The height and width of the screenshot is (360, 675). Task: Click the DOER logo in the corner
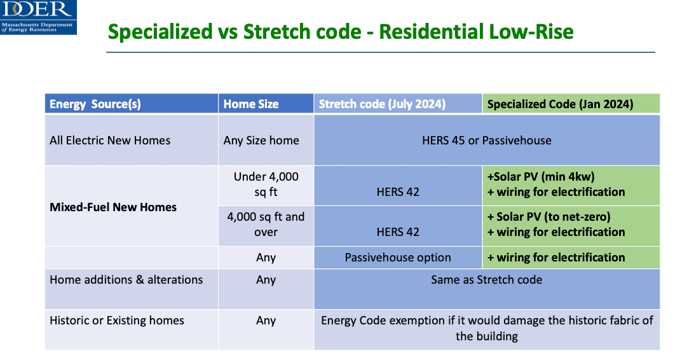(x=38, y=17)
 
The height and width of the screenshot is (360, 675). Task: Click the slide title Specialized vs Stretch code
(x=235, y=32)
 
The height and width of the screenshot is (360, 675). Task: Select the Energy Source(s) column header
(x=95, y=104)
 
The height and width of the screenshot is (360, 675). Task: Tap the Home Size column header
(x=251, y=104)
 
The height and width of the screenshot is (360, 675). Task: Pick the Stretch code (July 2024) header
(x=382, y=104)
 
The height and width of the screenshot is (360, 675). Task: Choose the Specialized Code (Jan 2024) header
(x=560, y=104)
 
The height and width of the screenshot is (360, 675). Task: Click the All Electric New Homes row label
(x=110, y=141)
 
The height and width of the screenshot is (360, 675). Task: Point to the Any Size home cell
(x=261, y=141)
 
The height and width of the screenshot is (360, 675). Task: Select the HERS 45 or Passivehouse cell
(x=486, y=141)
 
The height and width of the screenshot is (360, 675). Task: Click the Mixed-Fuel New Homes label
(x=112, y=207)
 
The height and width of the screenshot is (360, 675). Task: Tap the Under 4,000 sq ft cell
(x=266, y=184)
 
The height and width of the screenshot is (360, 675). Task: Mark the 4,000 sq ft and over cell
(x=266, y=225)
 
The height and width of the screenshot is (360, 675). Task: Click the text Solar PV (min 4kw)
(x=544, y=177)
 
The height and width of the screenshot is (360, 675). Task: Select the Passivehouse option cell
(x=398, y=258)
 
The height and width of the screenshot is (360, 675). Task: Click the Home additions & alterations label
(x=126, y=280)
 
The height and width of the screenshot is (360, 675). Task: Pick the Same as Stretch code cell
(x=486, y=280)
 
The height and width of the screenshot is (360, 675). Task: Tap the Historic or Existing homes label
(x=117, y=321)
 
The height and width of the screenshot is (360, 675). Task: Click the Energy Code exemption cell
(x=487, y=328)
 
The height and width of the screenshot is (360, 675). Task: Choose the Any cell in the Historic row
(x=266, y=321)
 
